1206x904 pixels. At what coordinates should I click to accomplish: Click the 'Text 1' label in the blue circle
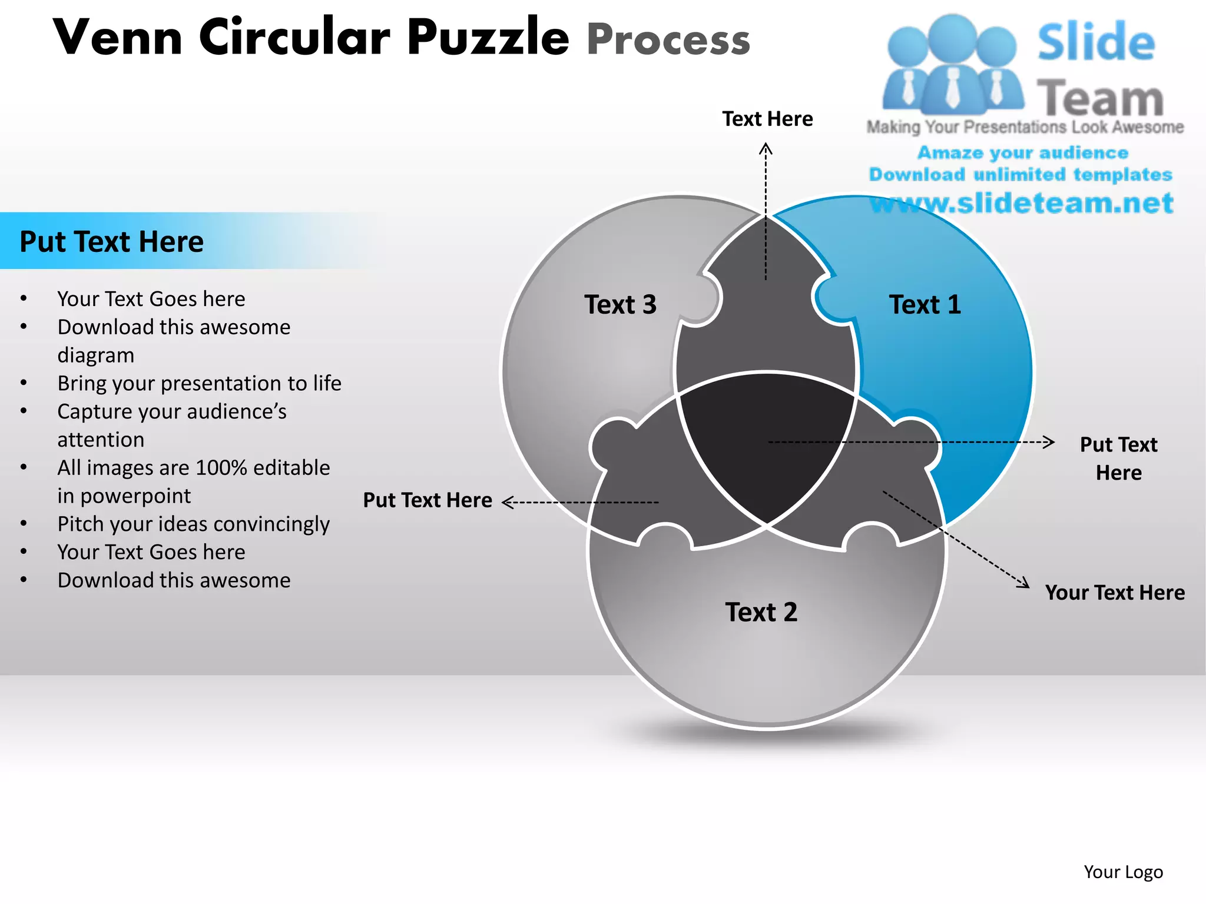(925, 305)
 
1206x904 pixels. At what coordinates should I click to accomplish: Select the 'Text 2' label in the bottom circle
(761, 613)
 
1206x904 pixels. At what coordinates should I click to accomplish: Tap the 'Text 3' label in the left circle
(620, 305)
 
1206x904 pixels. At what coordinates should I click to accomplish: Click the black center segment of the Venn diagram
(766, 441)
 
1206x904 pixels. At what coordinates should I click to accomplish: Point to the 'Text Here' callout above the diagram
(767, 119)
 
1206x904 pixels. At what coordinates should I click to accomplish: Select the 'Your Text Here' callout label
(1115, 593)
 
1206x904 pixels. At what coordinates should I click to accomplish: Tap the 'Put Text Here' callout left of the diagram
(428, 500)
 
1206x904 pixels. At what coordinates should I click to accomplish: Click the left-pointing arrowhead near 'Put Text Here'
(508, 502)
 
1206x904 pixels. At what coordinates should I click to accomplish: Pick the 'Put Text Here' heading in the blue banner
(112, 242)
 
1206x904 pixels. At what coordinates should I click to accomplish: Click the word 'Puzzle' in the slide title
(488, 37)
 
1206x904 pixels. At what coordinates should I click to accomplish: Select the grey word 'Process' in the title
(668, 39)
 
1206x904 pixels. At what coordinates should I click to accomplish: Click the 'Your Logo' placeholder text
(1123, 872)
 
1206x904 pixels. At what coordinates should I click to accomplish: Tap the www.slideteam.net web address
(1022, 203)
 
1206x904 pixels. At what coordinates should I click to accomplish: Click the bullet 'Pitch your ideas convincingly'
(193, 524)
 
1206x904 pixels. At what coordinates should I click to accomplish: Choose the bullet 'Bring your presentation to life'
(199, 383)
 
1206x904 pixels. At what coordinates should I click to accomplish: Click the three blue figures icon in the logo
(952, 65)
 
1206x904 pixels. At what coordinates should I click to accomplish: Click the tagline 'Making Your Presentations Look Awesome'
(1025, 127)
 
